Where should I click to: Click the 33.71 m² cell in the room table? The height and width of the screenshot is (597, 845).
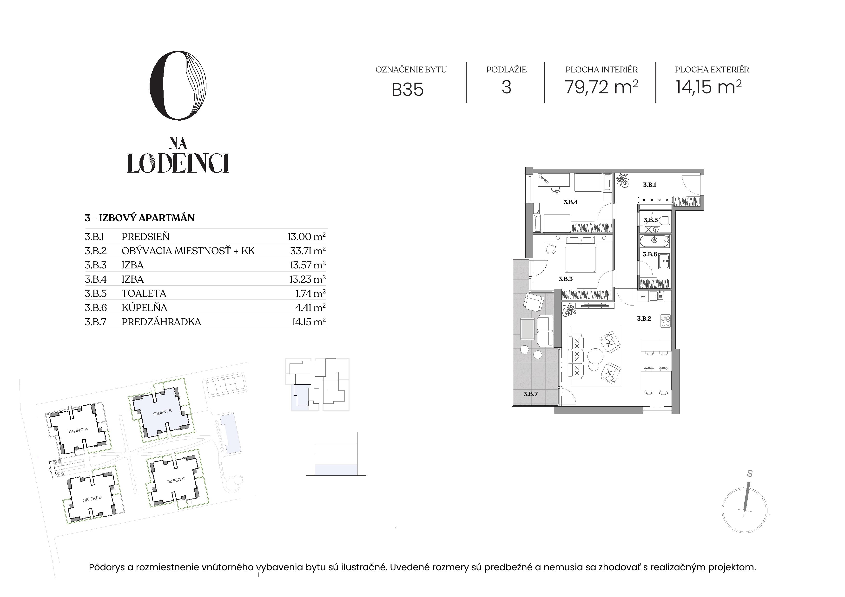(x=308, y=251)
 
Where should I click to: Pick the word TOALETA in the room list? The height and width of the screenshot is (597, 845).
(x=144, y=293)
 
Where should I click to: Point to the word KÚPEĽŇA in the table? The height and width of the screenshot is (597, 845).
(x=144, y=307)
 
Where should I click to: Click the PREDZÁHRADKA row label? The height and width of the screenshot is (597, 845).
(x=161, y=322)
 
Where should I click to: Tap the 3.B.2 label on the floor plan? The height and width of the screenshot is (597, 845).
(x=644, y=318)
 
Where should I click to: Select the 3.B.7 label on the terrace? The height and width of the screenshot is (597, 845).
(x=530, y=394)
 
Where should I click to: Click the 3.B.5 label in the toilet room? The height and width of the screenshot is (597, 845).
(x=650, y=220)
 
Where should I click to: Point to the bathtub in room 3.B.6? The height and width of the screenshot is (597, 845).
(x=654, y=241)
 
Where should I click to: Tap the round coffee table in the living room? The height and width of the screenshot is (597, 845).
(x=595, y=356)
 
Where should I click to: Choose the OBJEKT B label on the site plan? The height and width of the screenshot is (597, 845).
(x=162, y=412)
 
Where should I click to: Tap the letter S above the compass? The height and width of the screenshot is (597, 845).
(x=750, y=474)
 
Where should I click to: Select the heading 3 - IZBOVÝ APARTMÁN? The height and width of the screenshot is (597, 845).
(x=139, y=218)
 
